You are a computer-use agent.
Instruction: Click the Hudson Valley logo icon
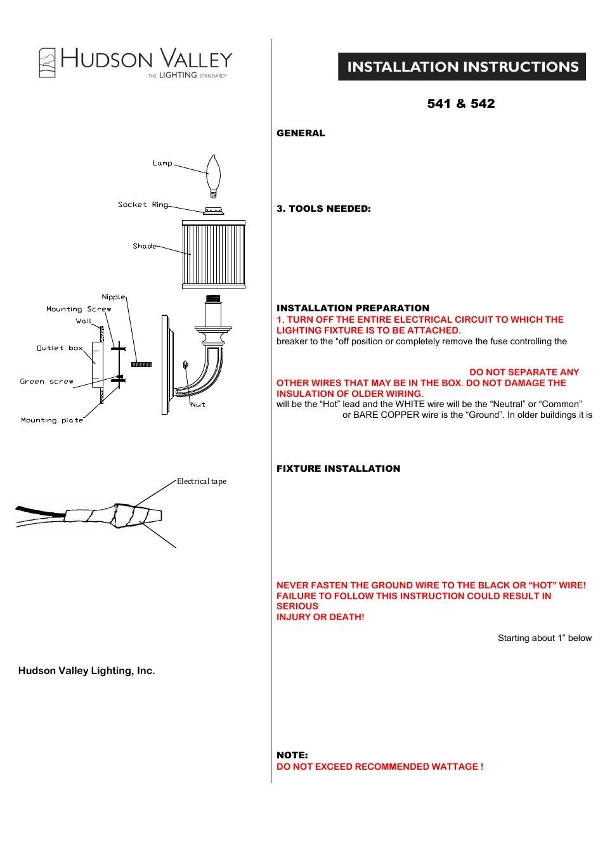(x=47, y=63)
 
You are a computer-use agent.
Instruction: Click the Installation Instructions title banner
(x=462, y=67)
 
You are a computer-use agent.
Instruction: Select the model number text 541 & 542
(x=460, y=103)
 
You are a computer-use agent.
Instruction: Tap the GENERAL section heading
(x=301, y=133)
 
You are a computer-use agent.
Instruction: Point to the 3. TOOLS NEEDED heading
(x=323, y=209)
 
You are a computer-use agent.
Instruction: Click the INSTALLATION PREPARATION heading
(x=353, y=308)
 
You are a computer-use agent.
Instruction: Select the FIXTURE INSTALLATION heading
(x=338, y=469)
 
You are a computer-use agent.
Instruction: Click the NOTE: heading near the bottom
(x=292, y=755)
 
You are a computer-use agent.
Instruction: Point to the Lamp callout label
(x=162, y=164)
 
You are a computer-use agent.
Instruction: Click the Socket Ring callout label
(x=143, y=205)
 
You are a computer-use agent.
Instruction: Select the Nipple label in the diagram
(x=114, y=297)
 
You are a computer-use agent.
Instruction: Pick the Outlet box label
(x=60, y=348)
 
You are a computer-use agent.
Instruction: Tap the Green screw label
(x=46, y=382)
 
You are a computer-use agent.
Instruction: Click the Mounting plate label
(x=52, y=420)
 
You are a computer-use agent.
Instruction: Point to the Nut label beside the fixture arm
(x=198, y=405)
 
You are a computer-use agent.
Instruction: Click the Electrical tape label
(x=202, y=481)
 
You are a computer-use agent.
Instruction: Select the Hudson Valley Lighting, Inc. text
(x=86, y=671)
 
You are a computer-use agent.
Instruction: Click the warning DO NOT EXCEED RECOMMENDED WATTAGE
(x=379, y=767)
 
